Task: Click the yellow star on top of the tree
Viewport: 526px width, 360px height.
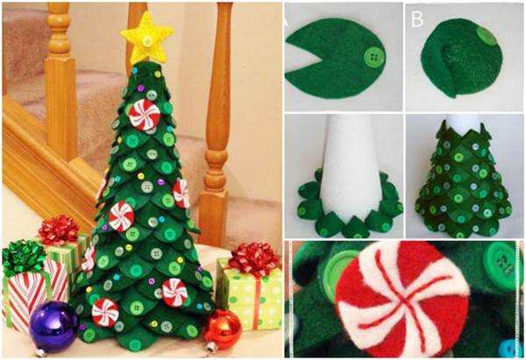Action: [146, 39]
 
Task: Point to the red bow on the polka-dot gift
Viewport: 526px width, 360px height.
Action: [254, 259]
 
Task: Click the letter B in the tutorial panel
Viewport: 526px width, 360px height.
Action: [417, 19]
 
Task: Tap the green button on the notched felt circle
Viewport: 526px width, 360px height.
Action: [374, 57]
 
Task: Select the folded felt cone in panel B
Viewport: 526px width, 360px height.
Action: [462, 58]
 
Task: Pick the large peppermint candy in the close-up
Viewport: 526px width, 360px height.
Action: [402, 299]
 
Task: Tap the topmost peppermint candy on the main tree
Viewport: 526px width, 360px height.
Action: [145, 114]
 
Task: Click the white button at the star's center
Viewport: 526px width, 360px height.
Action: [147, 41]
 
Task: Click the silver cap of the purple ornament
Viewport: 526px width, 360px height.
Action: [40, 352]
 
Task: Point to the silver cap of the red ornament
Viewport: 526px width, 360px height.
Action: [212, 346]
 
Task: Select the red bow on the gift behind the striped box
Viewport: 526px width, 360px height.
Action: [59, 229]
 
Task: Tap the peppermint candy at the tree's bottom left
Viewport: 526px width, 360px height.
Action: [105, 313]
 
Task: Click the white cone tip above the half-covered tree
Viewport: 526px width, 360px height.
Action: [463, 124]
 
